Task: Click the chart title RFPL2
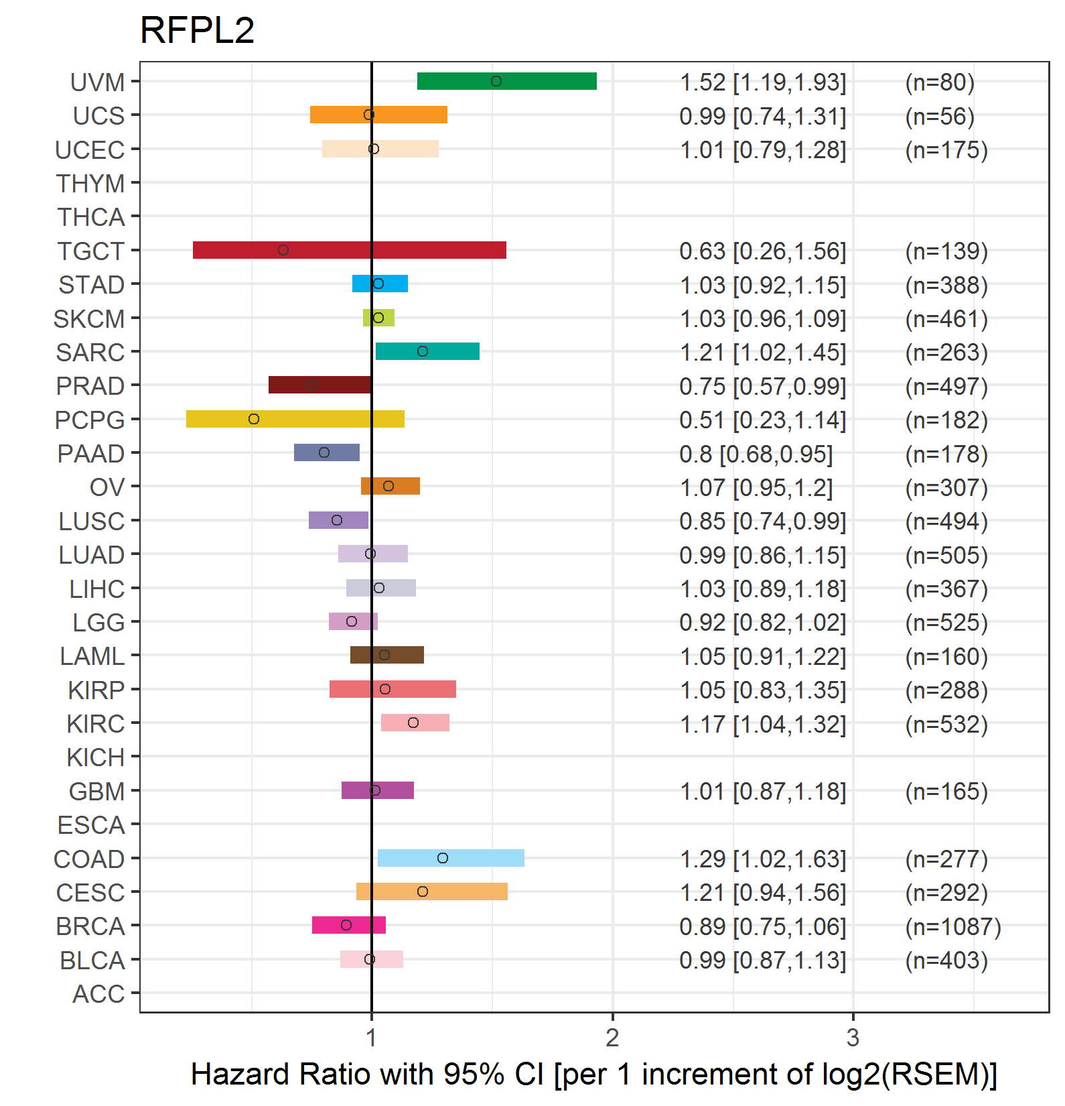(197, 31)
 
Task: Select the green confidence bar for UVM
(506, 81)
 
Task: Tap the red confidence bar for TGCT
(349, 250)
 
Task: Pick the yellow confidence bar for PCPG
(295, 419)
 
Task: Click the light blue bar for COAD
(451, 858)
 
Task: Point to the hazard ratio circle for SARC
(423, 351)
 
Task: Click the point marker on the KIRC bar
(413, 723)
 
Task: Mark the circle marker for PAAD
(324, 452)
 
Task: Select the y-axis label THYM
(90, 184)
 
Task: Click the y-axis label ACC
(98, 994)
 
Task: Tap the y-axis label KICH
(96, 757)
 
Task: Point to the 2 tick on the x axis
(612, 1038)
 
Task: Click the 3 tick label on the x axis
(853, 1038)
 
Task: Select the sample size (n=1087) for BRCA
(953, 926)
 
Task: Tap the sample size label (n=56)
(940, 116)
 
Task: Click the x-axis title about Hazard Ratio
(593, 1074)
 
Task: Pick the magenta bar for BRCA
(349, 925)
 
